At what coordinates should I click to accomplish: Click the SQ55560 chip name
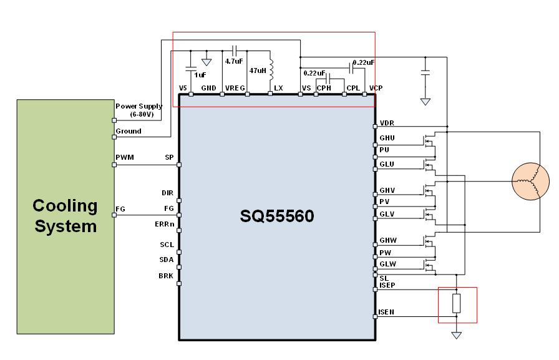277,216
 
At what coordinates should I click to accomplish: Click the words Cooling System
66,215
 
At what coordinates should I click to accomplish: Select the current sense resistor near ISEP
457,303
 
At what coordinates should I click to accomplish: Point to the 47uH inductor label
258,71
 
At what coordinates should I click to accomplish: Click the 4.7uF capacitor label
233,61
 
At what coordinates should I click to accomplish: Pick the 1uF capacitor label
200,74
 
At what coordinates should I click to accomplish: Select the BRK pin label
166,275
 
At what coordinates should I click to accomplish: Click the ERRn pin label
164,223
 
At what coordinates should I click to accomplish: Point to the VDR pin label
387,123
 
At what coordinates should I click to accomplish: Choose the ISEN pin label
386,311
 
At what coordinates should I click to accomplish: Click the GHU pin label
387,138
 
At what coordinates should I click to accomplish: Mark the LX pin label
278,88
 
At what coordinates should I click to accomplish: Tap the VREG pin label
235,88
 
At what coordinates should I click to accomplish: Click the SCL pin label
167,245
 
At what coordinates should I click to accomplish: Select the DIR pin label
167,193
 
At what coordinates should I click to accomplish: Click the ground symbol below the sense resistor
457,335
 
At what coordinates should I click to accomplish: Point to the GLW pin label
387,265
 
